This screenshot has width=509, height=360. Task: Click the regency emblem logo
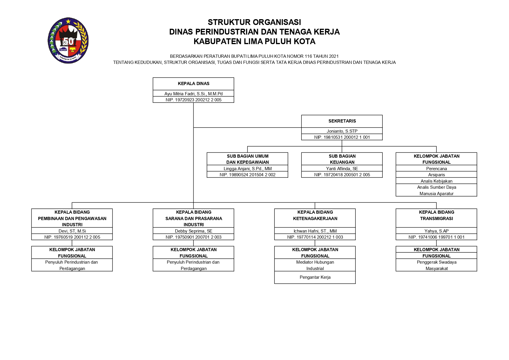tap(68, 40)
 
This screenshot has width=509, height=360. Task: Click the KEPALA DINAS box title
tap(194, 84)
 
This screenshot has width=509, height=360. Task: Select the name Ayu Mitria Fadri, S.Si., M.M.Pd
tap(194, 94)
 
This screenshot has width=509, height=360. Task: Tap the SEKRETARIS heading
tap(342, 121)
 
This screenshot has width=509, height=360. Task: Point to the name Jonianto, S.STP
tap(342, 131)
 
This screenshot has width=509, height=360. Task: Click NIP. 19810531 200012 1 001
tap(342, 137)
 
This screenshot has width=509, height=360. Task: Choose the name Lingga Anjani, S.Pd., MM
tap(248, 169)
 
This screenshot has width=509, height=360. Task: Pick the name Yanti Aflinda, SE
tap(342, 169)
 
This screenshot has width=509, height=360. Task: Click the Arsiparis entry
tap(436, 175)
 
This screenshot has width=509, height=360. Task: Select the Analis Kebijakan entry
tap(436, 181)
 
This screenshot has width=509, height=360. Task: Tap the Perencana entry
tap(436, 169)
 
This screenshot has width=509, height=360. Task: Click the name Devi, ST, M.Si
tap(72, 231)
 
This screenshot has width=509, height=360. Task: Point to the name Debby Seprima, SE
tap(194, 231)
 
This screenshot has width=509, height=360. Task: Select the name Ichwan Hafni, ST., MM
tap(315, 231)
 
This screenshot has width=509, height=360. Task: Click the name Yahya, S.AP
tap(436, 231)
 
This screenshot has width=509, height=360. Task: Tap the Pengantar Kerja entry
tap(315, 277)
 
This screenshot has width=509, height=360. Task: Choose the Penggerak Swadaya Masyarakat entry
tap(436, 265)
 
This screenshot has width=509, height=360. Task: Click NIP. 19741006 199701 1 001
tap(436, 237)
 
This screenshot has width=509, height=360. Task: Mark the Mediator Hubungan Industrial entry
tap(315, 265)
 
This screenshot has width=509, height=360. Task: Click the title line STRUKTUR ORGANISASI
tap(254, 22)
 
